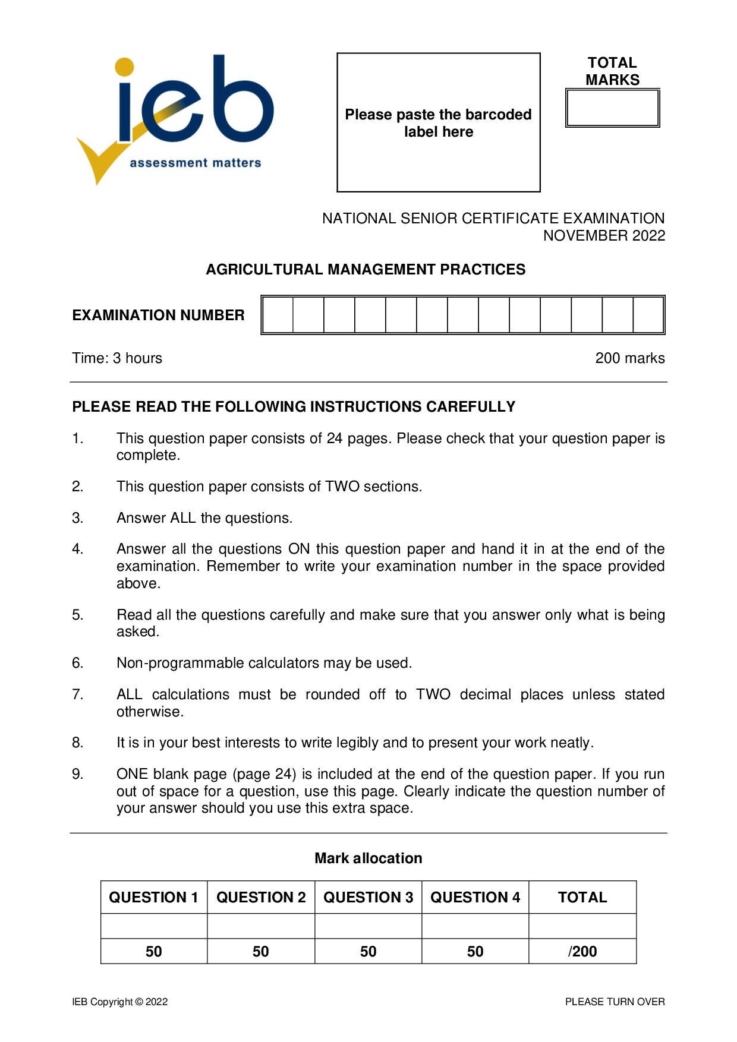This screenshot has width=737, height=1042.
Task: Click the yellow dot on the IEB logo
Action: tap(124, 67)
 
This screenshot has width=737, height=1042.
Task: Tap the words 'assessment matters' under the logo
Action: tap(195, 163)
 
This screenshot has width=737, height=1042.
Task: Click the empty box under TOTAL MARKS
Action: tap(612, 108)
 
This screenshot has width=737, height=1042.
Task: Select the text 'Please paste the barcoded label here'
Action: tap(438, 123)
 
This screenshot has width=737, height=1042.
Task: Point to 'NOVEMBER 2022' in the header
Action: tap(604, 236)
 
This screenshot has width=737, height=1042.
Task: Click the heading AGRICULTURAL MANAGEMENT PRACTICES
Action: tap(366, 270)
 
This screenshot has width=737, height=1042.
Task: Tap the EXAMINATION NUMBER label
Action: tap(158, 315)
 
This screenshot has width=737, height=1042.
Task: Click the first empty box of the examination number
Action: tap(278, 315)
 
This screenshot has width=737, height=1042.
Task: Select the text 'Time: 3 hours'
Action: tap(117, 358)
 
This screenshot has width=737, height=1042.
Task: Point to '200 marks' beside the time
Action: tap(629, 358)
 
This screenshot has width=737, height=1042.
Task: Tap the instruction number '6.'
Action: tap(78, 663)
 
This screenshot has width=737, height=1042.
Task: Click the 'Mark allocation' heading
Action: tap(368, 858)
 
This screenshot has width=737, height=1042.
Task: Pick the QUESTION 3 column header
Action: tap(368, 898)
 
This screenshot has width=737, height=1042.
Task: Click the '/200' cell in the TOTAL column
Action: tap(582, 952)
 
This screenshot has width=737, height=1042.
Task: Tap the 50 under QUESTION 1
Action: tap(153, 952)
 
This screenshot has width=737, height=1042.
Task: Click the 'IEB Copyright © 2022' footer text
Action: tap(119, 1002)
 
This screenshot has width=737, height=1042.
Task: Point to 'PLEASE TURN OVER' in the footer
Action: tap(615, 1002)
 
